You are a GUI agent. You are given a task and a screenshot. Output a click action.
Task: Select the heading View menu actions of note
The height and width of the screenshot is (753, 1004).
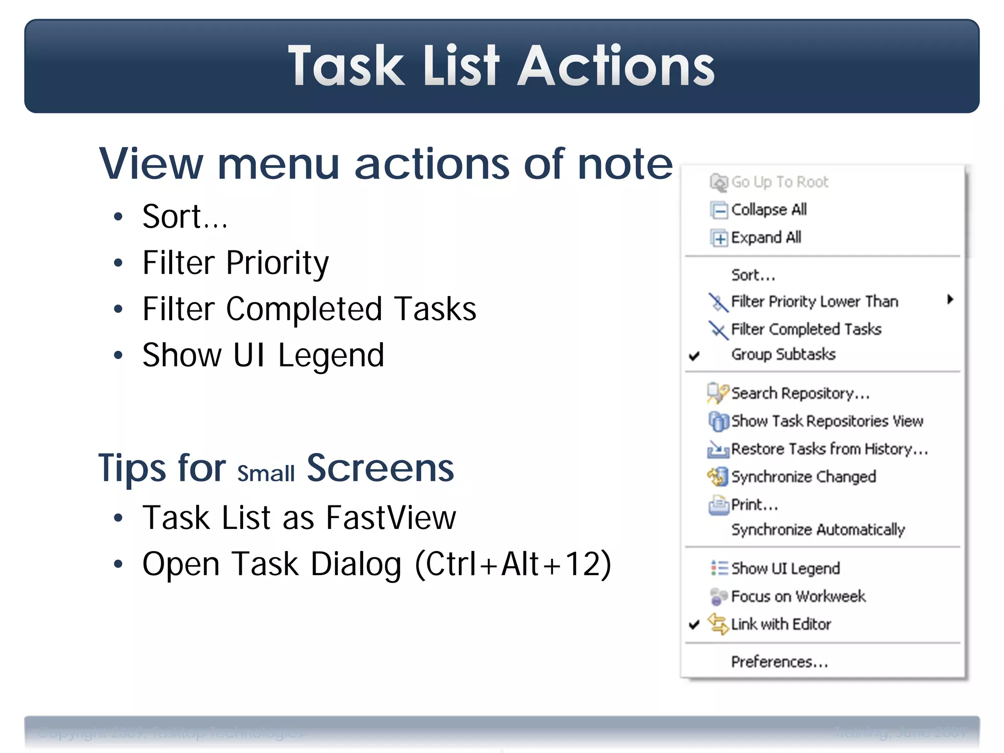coord(386,164)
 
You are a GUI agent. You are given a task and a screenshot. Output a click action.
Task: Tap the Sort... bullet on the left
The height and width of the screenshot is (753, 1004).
coord(185,217)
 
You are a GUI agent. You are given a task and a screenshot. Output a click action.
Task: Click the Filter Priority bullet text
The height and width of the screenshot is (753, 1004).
coord(235,263)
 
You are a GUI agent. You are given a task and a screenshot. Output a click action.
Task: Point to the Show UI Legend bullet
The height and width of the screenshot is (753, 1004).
coord(263,355)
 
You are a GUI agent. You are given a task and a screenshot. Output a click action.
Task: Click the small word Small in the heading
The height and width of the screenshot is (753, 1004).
coord(266,474)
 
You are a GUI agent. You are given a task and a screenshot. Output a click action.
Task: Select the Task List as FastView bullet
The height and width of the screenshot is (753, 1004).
coord(299,518)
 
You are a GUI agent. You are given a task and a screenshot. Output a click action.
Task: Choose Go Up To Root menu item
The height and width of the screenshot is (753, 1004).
coord(779,182)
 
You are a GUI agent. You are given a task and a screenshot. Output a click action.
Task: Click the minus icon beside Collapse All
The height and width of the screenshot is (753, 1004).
coord(719,211)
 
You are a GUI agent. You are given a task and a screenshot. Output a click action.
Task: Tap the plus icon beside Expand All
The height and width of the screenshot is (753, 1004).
coord(719,239)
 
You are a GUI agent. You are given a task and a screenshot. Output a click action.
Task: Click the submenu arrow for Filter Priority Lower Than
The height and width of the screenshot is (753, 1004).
coord(950,300)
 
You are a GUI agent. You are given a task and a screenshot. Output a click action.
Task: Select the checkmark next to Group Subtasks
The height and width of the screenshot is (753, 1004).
coord(694,355)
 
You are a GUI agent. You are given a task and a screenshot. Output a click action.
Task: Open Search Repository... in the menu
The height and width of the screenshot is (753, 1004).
coord(800,393)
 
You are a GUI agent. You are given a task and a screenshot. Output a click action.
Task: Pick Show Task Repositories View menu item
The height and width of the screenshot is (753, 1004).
coord(827,421)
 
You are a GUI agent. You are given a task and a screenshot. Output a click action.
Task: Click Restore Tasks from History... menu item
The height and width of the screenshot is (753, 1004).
coord(829,449)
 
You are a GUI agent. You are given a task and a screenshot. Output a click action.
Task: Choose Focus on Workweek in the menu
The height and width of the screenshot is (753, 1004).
coord(798,597)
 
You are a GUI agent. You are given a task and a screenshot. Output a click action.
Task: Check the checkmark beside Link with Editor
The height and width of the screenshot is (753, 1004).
coord(694,625)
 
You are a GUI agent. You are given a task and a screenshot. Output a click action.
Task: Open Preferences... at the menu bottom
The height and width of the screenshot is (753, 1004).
coord(779,662)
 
